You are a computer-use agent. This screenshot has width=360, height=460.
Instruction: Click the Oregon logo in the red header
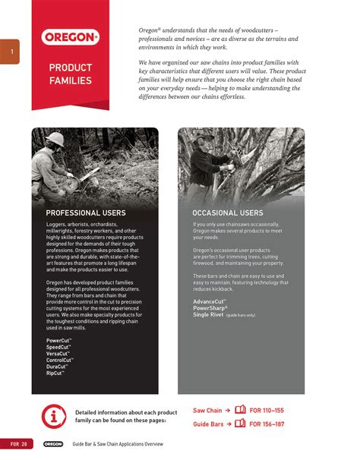point(70,36)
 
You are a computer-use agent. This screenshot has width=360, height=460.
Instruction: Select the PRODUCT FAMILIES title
point(70,74)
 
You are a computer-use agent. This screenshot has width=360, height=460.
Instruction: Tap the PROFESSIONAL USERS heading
point(86,213)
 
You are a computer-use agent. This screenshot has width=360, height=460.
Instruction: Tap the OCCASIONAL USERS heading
point(229,213)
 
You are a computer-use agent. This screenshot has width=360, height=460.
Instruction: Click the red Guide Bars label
point(207,424)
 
